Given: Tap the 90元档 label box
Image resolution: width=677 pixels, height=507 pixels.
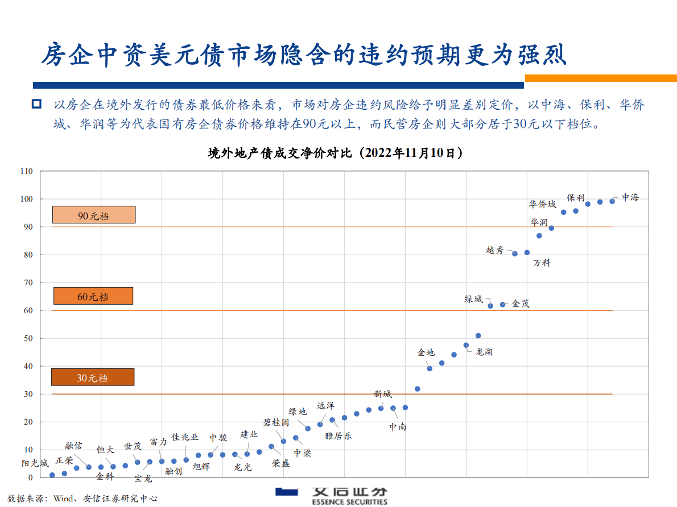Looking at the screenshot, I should [x=94, y=215].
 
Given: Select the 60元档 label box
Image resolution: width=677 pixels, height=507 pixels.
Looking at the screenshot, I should [x=93, y=296].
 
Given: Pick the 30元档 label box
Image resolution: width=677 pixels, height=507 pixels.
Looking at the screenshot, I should [x=93, y=377].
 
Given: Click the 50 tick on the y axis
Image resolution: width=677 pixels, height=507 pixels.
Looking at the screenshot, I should [x=28, y=338].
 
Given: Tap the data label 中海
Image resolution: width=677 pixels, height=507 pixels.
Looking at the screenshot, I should [x=630, y=197].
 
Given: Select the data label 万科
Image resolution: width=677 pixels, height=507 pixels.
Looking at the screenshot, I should [x=542, y=263].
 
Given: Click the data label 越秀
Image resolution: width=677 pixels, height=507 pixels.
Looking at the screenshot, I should [x=494, y=250].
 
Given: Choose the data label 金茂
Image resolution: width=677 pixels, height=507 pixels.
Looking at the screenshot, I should [x=521, y=304].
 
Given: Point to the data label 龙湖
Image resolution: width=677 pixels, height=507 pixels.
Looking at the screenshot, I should [x=484, y=352].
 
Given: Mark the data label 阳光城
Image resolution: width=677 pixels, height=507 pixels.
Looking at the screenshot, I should [x=35, y=463].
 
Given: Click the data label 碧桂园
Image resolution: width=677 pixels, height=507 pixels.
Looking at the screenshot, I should [x=276, y=422].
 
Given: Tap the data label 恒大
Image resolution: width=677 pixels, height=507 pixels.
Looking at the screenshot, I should [x=105, y=450].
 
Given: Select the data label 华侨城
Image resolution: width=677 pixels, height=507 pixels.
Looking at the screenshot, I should [x=542, y=204].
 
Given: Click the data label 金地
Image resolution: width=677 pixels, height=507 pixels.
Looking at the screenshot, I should [x=426, y=352].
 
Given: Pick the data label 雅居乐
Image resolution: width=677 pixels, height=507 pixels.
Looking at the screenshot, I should [x=338, y=436].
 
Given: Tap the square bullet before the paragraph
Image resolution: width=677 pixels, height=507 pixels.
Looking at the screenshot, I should [x=37, y=104].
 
